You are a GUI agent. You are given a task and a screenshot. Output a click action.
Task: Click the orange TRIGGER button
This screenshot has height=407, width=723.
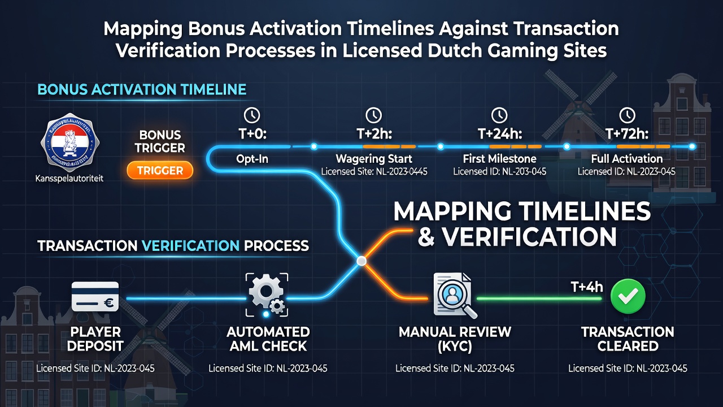point(160,170)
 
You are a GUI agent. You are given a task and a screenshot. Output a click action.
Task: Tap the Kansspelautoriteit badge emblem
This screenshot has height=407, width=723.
point(70,142)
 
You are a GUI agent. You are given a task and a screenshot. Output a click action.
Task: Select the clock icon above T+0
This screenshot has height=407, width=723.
point(252,115)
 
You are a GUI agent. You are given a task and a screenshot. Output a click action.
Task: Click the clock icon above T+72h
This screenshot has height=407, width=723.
point(627,115)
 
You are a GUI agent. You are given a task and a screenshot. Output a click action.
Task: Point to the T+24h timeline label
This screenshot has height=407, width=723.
point(500,133)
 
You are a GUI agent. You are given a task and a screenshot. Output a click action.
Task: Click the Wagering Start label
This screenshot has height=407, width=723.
point(374,159)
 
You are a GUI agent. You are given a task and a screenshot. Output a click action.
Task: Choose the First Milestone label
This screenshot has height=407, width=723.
point(500,159)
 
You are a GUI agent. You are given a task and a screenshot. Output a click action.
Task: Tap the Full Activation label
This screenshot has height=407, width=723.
point(627,159)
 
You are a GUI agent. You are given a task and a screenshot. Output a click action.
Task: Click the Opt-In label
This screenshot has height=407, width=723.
point(252,159)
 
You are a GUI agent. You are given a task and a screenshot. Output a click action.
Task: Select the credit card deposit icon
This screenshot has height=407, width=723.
point(95,296)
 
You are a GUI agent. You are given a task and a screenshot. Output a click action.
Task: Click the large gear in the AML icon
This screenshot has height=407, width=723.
point(266,291)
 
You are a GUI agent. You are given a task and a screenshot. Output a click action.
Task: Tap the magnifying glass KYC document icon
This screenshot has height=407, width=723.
point(455,296)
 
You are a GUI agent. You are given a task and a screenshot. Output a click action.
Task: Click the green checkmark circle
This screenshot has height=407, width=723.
point(628,296)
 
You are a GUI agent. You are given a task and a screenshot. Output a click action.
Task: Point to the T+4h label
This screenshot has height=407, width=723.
point(586,287)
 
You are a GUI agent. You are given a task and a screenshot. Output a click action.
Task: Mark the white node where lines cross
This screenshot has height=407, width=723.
point(361,261)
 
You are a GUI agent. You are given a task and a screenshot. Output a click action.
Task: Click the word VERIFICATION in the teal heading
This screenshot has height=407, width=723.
point(190,246)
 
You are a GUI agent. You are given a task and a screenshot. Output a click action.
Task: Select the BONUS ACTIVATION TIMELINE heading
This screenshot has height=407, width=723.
point(142,89)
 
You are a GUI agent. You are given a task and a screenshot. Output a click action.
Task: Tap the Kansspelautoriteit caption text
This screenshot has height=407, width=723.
point(69,178)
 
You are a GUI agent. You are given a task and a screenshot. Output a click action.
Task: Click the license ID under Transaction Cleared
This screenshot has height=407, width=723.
point(628,368)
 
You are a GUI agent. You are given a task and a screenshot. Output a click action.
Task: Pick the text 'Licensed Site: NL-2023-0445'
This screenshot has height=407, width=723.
point(374,171)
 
